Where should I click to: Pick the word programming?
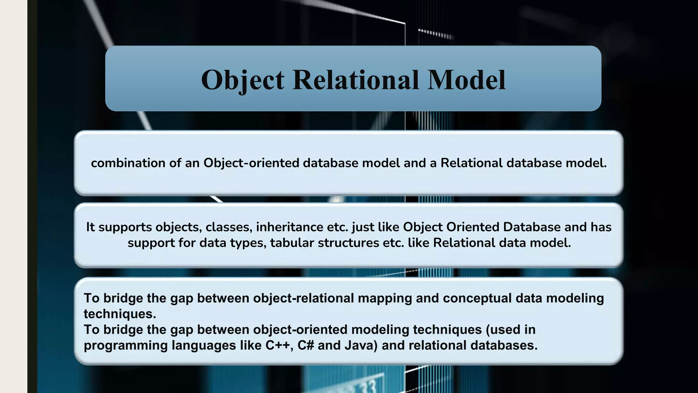125,345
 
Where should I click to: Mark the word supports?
125,227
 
